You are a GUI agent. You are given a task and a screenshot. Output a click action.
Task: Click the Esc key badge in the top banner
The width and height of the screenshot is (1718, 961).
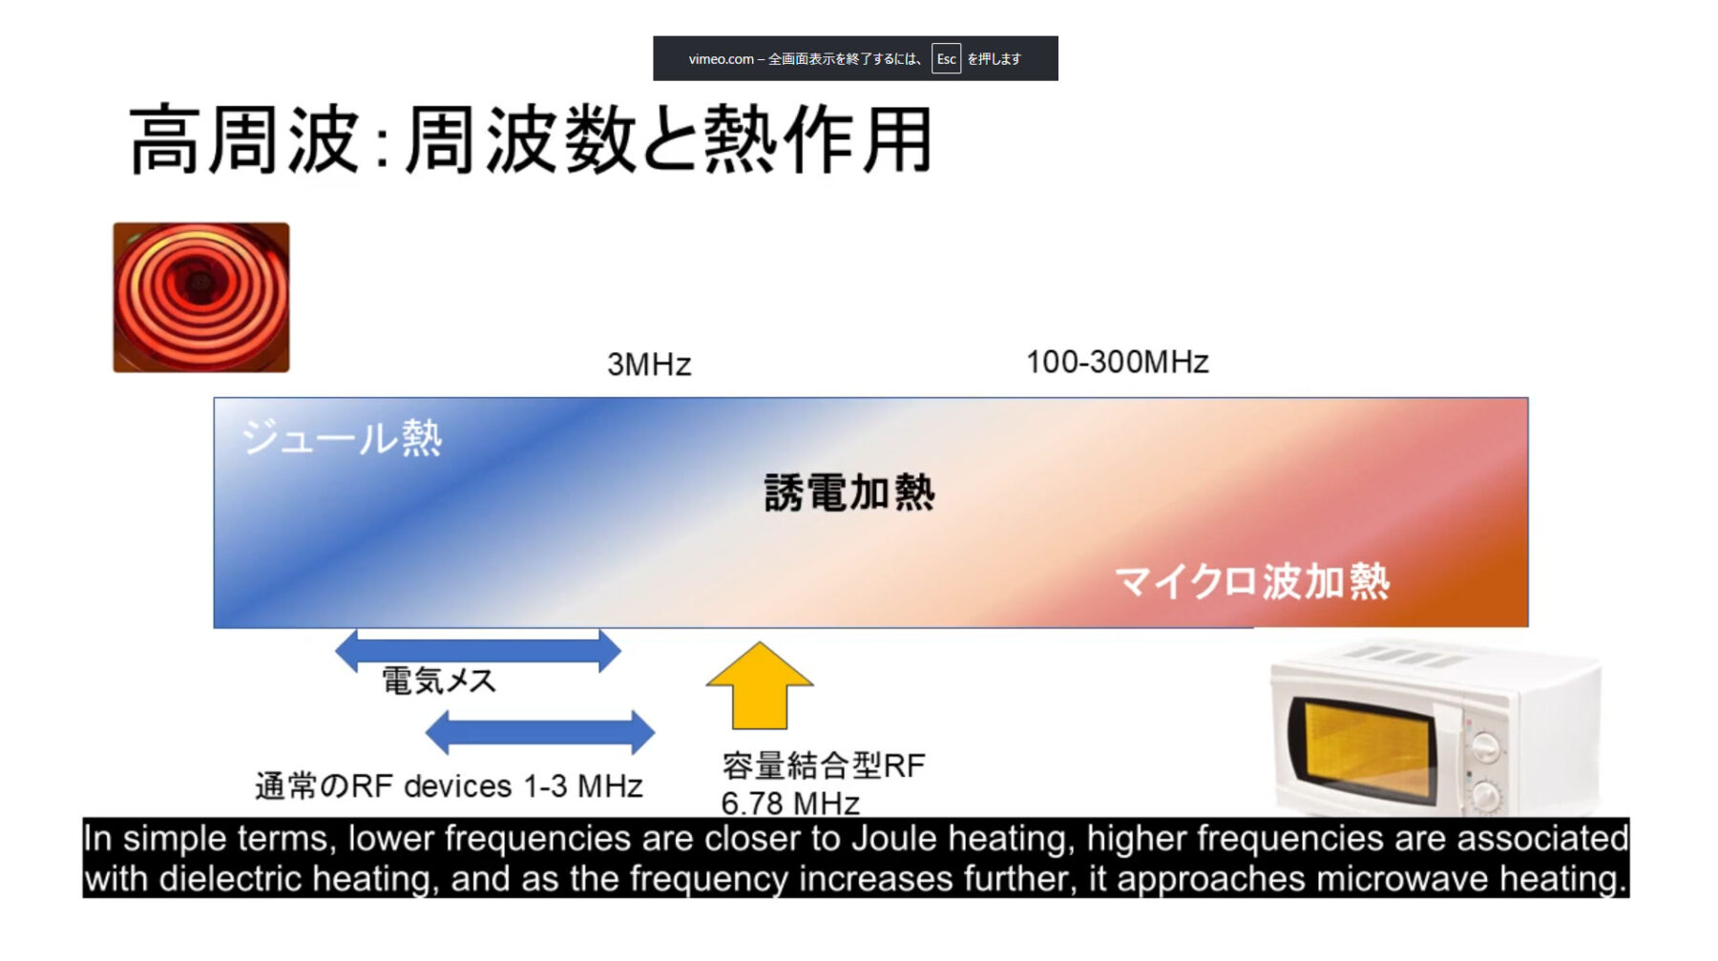pos(946,58)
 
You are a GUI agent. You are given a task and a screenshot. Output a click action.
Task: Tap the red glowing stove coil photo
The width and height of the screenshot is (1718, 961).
pos(201,297)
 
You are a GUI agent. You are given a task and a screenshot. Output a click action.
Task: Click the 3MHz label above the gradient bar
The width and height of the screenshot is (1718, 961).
pos(649,365)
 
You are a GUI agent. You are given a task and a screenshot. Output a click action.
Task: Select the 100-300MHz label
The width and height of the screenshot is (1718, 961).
pos(1118,362)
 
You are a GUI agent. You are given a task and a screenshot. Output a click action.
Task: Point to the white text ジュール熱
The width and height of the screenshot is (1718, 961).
pos(342,438)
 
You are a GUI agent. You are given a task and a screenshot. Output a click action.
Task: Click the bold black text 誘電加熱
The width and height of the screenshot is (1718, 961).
pos(849,492)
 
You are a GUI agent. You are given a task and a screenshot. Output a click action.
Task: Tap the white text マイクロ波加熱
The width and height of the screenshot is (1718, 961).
pos(1252,580)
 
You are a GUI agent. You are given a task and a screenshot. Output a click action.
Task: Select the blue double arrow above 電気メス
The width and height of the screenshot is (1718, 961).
pos(478,651)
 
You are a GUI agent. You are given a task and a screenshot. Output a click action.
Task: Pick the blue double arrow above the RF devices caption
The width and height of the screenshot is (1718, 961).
pos(540,732)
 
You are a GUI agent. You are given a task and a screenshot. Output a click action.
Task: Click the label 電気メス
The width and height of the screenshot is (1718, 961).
pos(439,680)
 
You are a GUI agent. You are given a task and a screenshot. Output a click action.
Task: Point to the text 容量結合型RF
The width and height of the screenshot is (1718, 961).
pos(824,765)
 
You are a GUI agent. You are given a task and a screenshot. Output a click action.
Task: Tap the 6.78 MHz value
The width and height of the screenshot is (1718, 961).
pos(790,804)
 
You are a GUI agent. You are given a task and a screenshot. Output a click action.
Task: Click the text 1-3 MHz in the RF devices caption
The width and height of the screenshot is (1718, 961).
pos(582,786)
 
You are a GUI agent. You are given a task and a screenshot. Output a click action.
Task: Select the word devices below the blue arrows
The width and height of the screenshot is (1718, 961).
pos(458,786)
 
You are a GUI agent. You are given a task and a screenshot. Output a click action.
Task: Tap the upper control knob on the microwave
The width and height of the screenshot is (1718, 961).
pos(1485,744)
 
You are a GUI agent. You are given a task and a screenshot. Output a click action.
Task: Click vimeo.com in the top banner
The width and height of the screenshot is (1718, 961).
pos(721,59)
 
